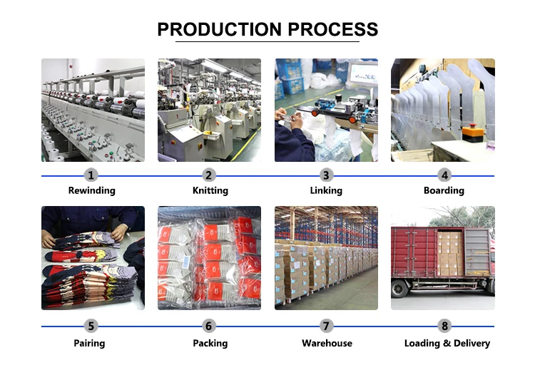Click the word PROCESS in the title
point(332,29)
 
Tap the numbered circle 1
point(91,175)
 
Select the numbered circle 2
point(209,175)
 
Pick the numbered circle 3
point(327,175)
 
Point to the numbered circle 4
point(444,175)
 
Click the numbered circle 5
point(91,327)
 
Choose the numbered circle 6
point(209,327)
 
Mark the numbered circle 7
point(327,327)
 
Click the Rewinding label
point(91,191)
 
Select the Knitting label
point(210,191)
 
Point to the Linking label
point(327,191)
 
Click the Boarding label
point(444,191)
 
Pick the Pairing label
point(90,344)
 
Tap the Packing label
point(210,344)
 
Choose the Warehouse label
point(327,344)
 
